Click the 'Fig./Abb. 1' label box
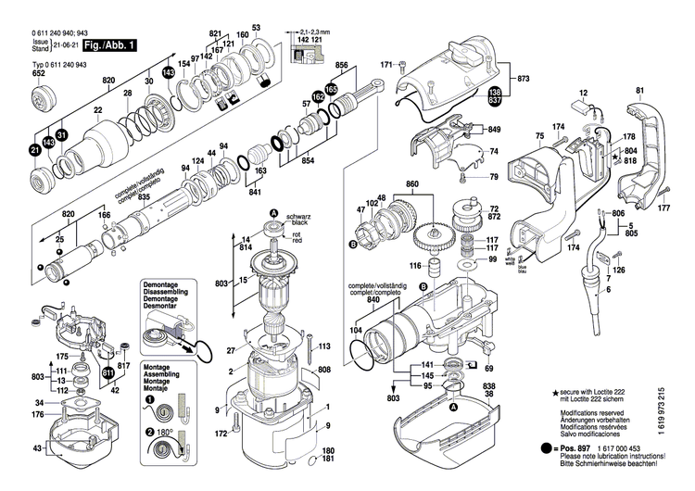109,44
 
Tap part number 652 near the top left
39,73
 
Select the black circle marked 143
168,72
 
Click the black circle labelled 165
331,89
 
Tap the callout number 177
663,208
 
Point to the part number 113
324,346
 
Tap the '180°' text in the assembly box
167,432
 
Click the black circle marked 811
108,372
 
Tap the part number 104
355,329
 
